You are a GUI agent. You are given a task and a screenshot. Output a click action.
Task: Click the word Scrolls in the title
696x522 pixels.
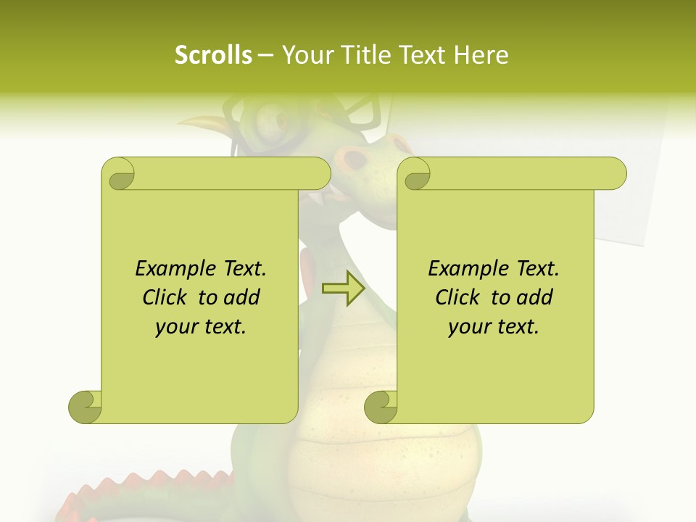point(213,55)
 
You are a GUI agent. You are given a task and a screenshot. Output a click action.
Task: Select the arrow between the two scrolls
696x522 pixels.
point(343,289)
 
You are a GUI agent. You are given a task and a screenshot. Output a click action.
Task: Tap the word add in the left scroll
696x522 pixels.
point(241,297)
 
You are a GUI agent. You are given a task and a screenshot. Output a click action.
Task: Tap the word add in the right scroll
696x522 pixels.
point(534,297)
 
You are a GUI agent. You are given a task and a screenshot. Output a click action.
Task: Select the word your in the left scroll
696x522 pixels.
point(175,327)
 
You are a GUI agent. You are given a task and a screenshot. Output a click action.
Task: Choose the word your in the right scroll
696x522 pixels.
point(468,327)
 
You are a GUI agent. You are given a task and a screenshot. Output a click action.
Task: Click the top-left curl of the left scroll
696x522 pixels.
point(119,175)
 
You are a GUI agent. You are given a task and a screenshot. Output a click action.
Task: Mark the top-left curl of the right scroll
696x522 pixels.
point(415,175)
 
